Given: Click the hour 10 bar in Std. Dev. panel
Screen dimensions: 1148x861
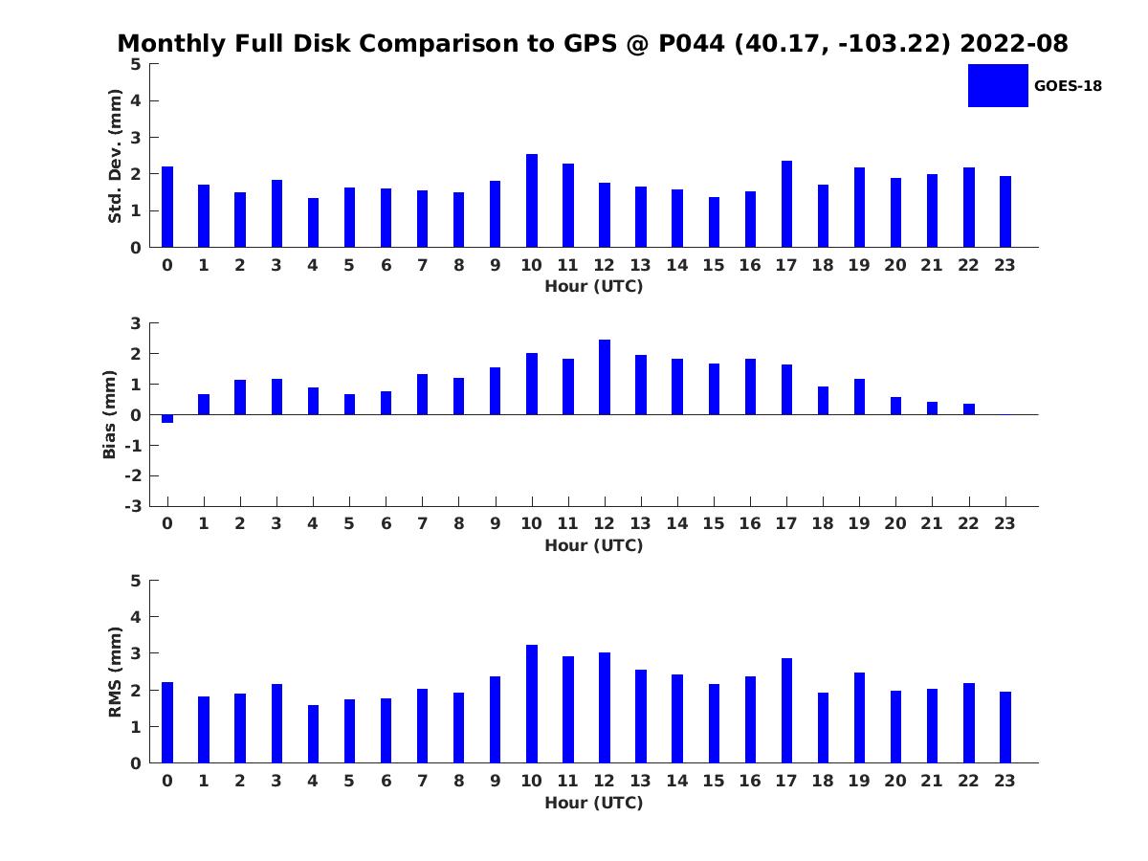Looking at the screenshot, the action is point(531,201).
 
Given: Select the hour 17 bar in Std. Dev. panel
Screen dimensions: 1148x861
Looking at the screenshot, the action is point(786,204).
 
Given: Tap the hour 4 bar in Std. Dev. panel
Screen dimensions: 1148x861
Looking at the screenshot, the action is point(313,223).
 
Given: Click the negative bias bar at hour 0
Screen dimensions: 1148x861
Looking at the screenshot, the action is point(167,419).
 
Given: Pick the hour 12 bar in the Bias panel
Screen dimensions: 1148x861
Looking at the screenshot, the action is point(604,378).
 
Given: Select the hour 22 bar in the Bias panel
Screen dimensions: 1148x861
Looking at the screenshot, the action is point(968,409).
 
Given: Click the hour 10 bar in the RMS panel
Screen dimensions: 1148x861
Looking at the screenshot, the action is point(531,704).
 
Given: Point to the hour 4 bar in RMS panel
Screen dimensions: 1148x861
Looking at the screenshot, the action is point(313,734).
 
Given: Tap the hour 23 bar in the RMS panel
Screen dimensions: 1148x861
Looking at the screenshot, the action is point(1004,727).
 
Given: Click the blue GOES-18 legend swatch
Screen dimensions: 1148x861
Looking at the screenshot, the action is point(998,86).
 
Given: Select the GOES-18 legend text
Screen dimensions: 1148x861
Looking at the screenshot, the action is point(1068,86).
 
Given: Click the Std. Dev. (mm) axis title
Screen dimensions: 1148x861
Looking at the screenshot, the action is point(115,156).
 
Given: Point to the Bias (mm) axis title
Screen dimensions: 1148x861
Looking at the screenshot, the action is point(109,414).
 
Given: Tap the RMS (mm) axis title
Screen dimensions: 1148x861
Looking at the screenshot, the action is point(115,672).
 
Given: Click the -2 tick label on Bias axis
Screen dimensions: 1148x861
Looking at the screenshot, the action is point(133,475).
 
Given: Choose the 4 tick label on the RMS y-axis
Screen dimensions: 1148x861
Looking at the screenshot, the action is point(136,617).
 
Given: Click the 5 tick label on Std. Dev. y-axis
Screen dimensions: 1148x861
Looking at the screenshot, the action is point(136,64).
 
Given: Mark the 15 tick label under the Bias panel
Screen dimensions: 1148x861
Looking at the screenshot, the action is point(714,523).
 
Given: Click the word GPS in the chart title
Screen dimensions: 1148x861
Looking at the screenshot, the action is point(590,43).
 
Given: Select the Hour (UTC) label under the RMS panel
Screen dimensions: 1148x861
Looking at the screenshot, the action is point(594,803).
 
